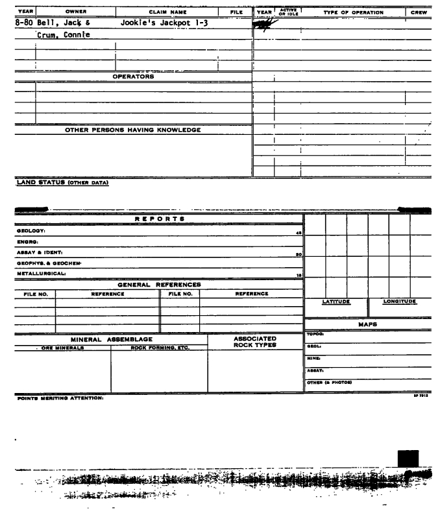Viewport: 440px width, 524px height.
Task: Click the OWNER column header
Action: click(75, 11)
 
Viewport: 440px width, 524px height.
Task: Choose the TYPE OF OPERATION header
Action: click(348, 12)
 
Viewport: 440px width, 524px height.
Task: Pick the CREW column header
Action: click(419, 12)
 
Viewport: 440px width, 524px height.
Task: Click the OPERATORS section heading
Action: click(133, 77)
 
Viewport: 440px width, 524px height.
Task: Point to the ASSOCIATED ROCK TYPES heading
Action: click(254, 341)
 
